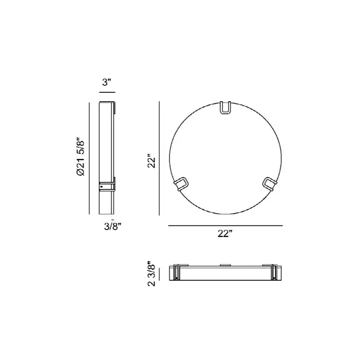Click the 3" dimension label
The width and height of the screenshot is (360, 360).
pos(107,82)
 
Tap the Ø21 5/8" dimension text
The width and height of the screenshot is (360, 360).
pos(81,157)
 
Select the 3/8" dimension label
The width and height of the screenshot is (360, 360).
pos(112,226)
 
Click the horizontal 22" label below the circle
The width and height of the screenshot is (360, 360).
pos(225,234)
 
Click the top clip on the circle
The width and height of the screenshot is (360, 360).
pos(225,108)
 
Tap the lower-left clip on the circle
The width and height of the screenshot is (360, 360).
pos(182,184)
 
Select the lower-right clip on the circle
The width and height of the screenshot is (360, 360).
pos(269,184)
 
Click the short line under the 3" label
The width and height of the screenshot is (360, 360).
pos(107,92)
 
